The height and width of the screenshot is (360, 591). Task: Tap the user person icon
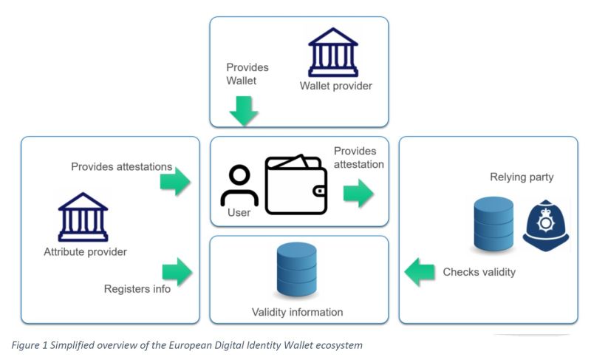tap(239, 186)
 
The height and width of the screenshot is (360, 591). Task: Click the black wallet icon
tap(296, 185)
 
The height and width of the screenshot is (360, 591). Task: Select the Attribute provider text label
tap(86, 251)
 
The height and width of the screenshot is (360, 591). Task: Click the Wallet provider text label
tap(336, 86)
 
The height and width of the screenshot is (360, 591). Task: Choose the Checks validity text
tap(479, 272)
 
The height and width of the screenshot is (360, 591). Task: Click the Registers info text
tap(137, 288)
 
